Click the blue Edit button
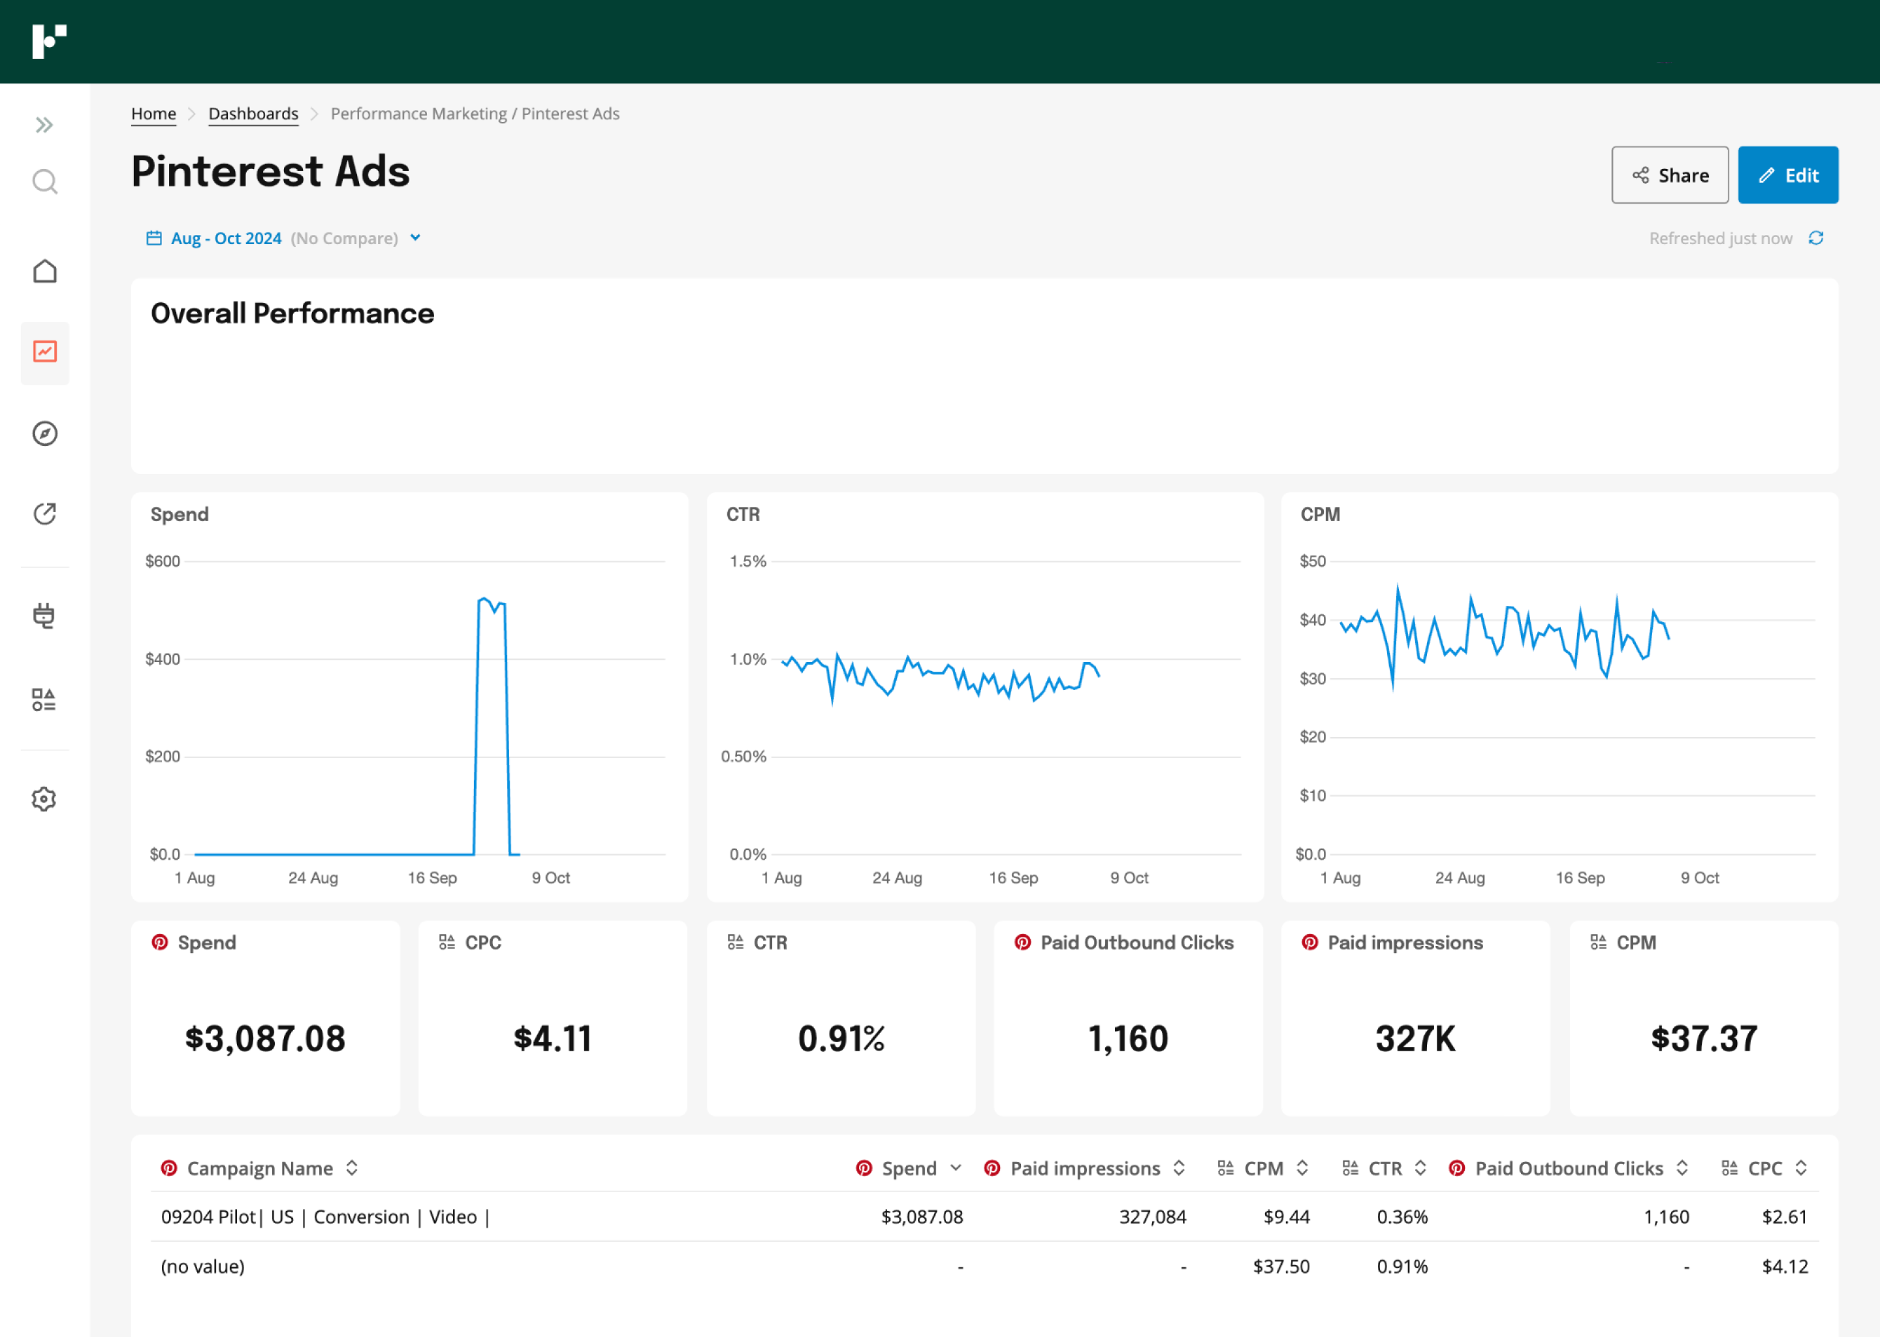[1787, 176]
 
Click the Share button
[1668, 176]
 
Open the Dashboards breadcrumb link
[253, 114]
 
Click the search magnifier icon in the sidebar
[44, 181]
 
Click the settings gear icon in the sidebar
[44, 798]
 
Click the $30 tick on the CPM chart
[1312, 679]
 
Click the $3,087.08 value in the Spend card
[265, 1039]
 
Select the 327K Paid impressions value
[1415, 1039]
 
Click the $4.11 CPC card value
[552, 1039]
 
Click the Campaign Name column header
[259, 1168]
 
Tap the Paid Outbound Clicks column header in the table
[1568, 1168]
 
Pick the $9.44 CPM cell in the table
[1286, 1217]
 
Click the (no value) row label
[202, 1266]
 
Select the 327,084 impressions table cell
[1151, 1217]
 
